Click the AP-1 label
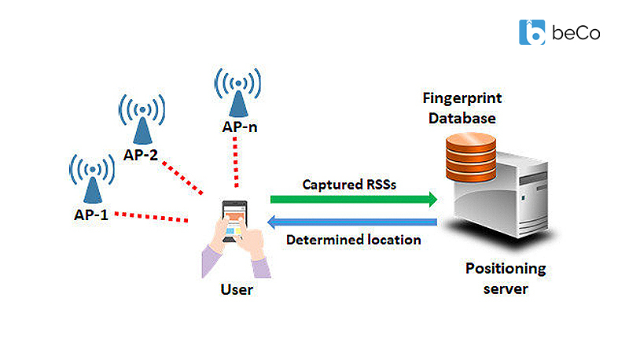(87, 213)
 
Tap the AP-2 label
(141, 155)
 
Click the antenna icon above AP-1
(93, 177)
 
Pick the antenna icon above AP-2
(142, 117)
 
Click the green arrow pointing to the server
(355, 200)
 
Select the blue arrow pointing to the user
(355, 222)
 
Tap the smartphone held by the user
(234, 221)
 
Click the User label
(237, 290)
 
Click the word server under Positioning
(504, 288)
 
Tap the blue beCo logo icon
(532, 31)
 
